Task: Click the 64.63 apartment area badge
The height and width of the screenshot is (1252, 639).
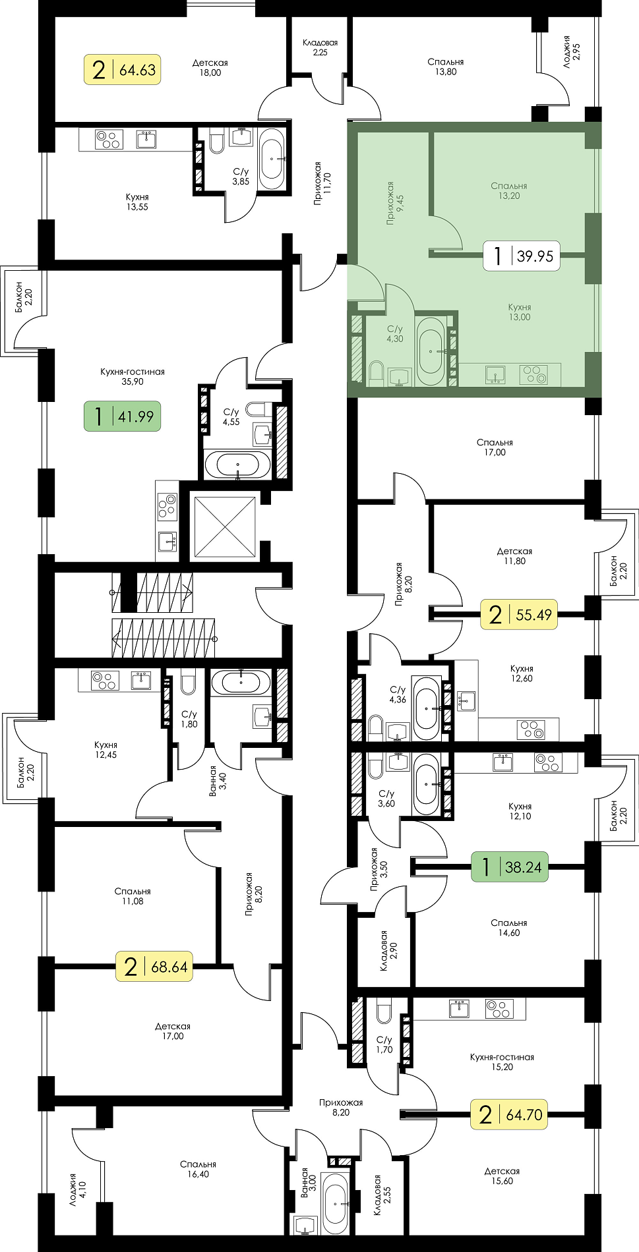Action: (123, 69)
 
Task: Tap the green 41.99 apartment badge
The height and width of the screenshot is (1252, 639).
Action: (122, 416)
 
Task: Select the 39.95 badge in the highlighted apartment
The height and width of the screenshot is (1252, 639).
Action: (522, 256)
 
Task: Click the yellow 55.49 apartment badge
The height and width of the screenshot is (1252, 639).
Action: (518, 615)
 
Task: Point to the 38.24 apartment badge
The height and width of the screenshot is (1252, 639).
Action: (510, 867)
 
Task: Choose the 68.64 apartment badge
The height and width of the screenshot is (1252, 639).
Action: (154, 967)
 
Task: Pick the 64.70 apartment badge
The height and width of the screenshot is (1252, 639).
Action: (509, 1114)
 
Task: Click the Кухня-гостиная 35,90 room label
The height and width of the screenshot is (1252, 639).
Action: (133, 376)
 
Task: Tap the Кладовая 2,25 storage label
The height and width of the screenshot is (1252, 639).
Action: (320, 47)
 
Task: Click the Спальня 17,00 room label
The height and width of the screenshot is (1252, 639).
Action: (495, 447)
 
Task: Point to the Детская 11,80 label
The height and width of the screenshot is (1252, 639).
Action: (514, 556)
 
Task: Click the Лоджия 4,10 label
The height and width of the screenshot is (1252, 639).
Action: (77, 1189)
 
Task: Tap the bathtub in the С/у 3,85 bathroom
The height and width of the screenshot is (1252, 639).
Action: (272, 158)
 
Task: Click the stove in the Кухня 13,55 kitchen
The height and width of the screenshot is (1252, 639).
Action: (109, 140)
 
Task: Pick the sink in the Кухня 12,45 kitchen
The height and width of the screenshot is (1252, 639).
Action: (141, 681)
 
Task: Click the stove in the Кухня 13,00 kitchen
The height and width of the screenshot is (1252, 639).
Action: (533, 375)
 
